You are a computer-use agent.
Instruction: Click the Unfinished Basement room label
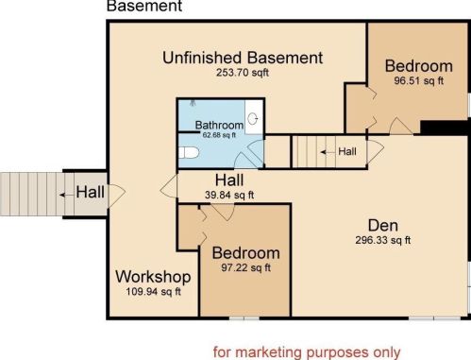click(243, 58)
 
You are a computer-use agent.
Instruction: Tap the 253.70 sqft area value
click(243, 73)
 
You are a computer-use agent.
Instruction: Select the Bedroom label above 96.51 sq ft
click(419, 66)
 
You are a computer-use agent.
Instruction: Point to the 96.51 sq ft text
click(419, 80)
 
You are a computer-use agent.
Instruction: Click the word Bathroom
click(219, 125)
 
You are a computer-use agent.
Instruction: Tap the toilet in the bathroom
click(189, 153)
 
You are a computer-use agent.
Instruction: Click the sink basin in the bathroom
click(253, 119)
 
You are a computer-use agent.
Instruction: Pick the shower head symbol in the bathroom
click(193, 103)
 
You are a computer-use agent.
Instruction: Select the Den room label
click(383, 226)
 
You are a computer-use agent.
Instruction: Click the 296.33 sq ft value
click(383, 240)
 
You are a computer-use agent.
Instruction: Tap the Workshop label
click(153, 277)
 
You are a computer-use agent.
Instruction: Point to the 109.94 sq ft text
click(153, 292)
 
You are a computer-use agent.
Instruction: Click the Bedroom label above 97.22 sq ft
click(246, 253)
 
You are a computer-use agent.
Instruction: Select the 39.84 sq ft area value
click(229, 195)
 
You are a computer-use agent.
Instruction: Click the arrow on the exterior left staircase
click(66, 195)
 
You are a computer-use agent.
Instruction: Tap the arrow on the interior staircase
click(328, 152)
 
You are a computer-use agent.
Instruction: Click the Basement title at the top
click(144, 6)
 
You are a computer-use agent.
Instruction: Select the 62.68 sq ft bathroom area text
click(219, 135)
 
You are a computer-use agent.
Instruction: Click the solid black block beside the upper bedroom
click(445, 128)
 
